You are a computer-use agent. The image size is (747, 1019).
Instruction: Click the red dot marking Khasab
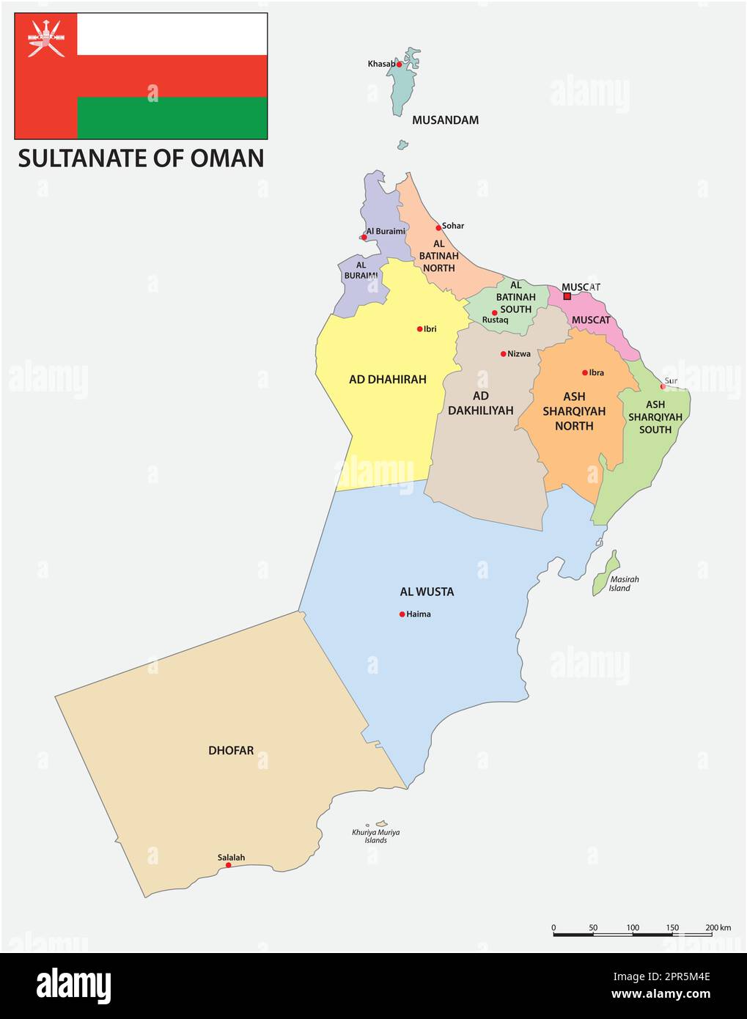point(399,65)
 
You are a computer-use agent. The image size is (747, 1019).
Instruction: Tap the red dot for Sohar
point(438,228)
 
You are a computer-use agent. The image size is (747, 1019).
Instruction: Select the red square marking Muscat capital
point(567,296)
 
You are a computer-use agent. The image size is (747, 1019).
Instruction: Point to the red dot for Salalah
point(228,865)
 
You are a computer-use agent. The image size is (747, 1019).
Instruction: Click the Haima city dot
point(402,614)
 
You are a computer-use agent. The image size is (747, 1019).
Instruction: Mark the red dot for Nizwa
point(503,354)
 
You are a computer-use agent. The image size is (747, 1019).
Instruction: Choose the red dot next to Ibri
point(419,329)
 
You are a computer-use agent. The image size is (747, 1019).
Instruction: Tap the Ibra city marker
point(585,372)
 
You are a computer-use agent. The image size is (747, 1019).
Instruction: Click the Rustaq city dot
point(494,313)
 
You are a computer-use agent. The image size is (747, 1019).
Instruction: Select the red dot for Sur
point(663,386)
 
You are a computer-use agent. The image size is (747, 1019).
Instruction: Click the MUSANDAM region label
point(445,120)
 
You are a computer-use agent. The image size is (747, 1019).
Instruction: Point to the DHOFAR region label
point(231,751)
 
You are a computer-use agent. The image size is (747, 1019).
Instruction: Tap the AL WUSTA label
point(427,592)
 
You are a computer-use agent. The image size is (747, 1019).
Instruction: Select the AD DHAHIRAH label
point(387,380)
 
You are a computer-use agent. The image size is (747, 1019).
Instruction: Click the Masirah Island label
point(624,584)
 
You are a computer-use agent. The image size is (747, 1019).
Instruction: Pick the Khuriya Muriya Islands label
point(375,836)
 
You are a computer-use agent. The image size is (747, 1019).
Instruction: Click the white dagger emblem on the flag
point(45,37)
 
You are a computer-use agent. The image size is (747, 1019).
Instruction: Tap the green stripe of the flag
point(172,117)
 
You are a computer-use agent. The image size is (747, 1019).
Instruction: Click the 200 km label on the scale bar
point(718,927)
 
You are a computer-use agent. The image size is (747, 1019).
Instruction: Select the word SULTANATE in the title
point(78,158)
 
